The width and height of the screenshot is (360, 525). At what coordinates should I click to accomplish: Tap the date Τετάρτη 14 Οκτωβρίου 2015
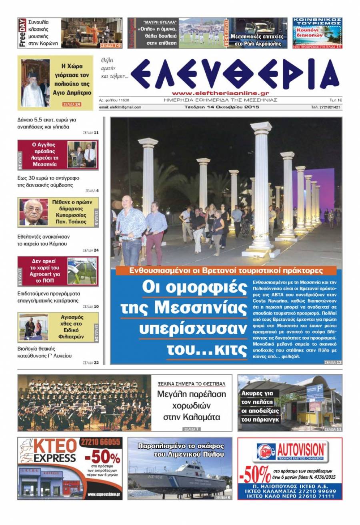222,107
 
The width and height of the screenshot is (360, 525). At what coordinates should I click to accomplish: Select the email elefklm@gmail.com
120,107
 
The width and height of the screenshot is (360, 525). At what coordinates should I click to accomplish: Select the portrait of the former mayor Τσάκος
33,212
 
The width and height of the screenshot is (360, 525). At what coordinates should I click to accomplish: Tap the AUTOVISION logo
290,451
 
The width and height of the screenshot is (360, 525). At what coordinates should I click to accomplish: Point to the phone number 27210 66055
105,442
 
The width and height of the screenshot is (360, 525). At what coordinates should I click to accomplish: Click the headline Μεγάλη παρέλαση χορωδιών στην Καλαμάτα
192,406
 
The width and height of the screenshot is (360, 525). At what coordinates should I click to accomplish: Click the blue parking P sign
320,387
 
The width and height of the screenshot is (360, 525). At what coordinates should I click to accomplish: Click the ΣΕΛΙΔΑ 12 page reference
333,362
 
